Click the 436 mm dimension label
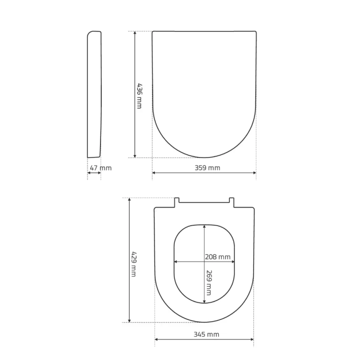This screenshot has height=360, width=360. [x=139, y=95]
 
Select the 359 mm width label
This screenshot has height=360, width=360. [x=207, y=168]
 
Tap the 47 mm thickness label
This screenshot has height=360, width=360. [x=100, y=168]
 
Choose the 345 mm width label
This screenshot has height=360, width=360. [x=206, y=334]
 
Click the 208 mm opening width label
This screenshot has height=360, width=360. [x=217, y=257]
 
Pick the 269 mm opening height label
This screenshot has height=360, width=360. [x=209, y=282]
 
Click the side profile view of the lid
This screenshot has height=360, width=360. [x=94, y=94]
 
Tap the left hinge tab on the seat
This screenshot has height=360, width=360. [x=177, y=201]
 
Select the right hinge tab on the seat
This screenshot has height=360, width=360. [x=231, y=201]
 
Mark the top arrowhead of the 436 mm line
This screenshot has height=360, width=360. [x=135, y=33]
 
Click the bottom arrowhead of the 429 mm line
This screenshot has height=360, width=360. [x=130, y=320]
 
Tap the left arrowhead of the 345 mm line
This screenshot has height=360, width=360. [x=157, y=339]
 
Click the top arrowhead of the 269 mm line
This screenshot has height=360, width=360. [x=205, y=227]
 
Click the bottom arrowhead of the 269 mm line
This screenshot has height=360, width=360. [x=205, y=301]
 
